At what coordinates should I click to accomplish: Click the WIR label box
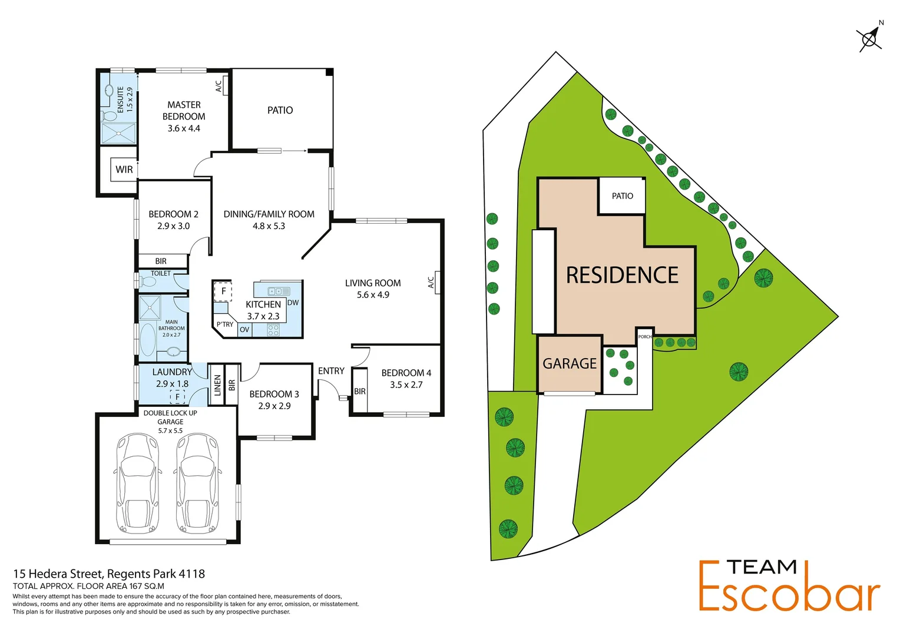click(x=124, y=170)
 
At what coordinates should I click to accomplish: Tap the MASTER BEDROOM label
click(x=184, y=111)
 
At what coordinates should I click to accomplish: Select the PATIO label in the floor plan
click(x=280, y=110)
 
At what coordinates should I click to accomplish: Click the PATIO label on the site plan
click(x=622, y=196)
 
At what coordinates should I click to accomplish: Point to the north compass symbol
click(x=869, y=39)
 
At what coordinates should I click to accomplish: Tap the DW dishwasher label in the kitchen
click(x=293, y=303)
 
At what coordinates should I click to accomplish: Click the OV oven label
click(x=244, y=330)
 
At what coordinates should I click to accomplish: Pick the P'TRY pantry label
click(x=224, y=324)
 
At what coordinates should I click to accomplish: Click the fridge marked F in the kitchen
click(x=223, y=291)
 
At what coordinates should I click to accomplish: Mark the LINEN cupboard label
click(x=217, y=385)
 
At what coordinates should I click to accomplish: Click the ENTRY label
click(x=331, y=371)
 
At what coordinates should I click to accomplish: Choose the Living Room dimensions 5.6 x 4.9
click(x=373, y=295)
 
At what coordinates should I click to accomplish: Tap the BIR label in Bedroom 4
click(x=360, y=392)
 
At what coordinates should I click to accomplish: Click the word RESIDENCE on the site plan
click(x=622, y=275)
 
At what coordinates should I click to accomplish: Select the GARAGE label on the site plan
click(x=570, y=364)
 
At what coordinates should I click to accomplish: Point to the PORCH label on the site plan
click(x=645, y=337)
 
